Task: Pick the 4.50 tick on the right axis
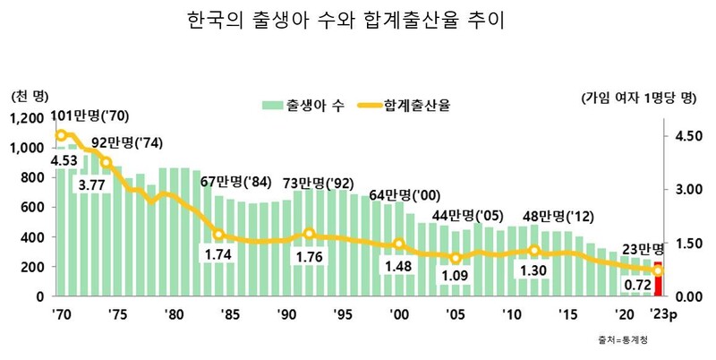tap(686, 136)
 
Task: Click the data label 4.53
tap(64, 161)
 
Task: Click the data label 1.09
tap(456, 276)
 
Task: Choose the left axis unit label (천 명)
tap(30, 96)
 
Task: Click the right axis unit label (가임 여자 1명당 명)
tap(637, 96)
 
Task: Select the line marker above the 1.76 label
tap(309, 235)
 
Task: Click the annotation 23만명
tap(642, 249)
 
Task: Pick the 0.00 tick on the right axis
tap(686, 296)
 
